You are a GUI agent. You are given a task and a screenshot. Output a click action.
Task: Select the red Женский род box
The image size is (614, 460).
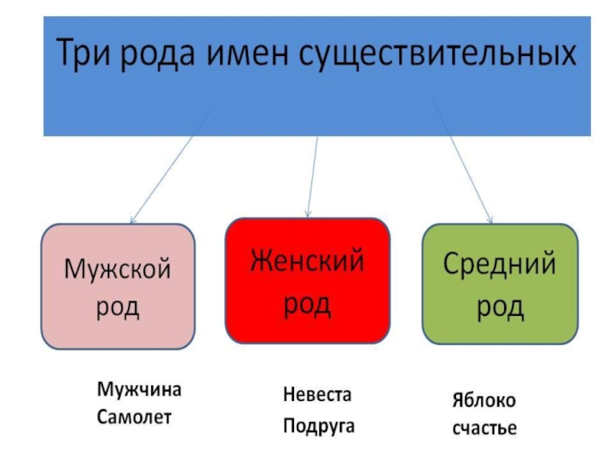307,281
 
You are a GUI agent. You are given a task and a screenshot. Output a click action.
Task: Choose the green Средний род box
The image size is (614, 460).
500,284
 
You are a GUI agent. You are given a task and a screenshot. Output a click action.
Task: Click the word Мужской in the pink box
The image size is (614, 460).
117,270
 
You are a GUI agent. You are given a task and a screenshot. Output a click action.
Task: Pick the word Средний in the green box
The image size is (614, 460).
500,265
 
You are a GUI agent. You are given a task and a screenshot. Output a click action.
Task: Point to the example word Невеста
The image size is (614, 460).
317,396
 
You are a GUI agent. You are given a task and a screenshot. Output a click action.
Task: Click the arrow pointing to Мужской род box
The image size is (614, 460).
170,166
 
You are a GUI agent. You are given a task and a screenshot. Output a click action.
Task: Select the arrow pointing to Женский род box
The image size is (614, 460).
312,176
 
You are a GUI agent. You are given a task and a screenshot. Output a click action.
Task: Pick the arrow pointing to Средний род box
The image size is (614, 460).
465,166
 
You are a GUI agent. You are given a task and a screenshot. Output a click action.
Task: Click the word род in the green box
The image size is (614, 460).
500,307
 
